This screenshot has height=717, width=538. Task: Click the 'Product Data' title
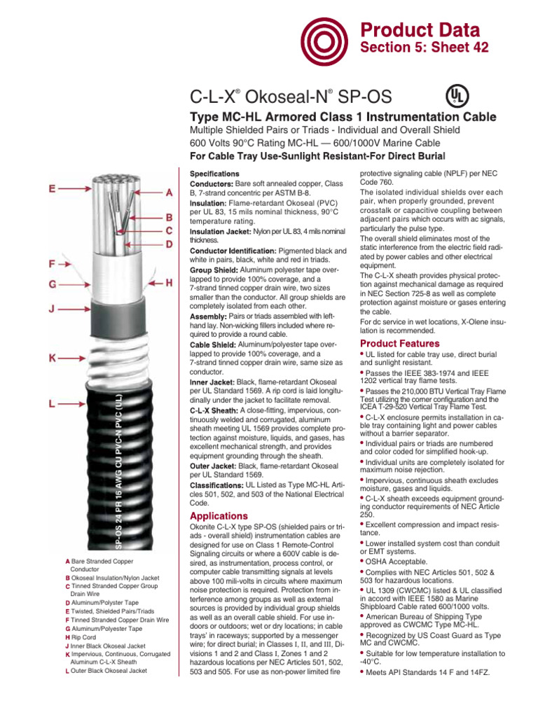click(x=420, y=30)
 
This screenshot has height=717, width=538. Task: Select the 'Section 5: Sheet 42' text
click(x=424, y=47)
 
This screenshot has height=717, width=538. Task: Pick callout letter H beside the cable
click(x=169, y=282)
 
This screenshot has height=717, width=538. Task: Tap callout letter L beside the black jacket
click(x=53, y=403)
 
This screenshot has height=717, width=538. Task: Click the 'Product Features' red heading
click(x=399, y=344)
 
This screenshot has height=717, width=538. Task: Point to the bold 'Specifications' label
click(x=214, y=173)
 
